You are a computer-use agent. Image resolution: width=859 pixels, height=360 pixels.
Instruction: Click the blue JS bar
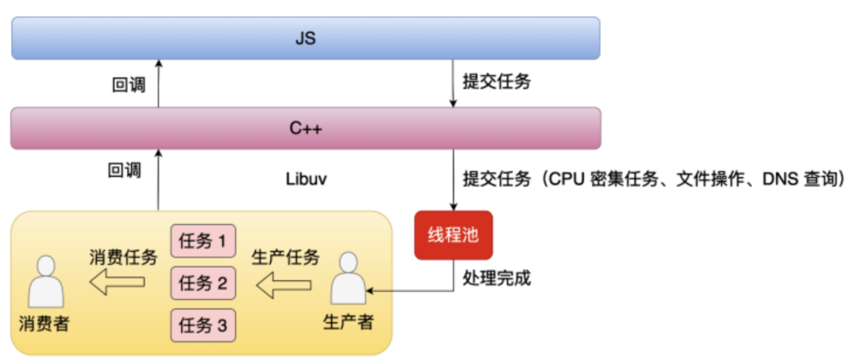click(x=305, y=38)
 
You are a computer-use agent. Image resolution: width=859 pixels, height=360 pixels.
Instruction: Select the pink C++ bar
click(x=305, y=128)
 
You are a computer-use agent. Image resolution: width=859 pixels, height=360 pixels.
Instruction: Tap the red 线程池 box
click(x=453, y=235)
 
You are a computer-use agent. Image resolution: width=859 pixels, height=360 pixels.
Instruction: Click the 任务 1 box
click(x=203, y=241)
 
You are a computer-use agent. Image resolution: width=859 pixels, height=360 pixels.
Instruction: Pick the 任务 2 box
click(x=203, y=284)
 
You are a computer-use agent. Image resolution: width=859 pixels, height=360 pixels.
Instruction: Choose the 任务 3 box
click(x=203, y=326)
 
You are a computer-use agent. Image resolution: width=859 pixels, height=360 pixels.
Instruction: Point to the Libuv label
click(x=307, y=180)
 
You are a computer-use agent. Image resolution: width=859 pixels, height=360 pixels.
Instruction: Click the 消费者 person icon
click(x=46, y=283)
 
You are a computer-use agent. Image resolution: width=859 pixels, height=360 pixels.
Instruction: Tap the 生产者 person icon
click(x=348, y=279)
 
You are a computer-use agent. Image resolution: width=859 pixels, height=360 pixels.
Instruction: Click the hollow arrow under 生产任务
click(x=284, y=284)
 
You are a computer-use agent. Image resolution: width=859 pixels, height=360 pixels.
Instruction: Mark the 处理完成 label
click(x=497, y=279)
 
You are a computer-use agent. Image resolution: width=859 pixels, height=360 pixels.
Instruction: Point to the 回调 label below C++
click(x=124, y=170)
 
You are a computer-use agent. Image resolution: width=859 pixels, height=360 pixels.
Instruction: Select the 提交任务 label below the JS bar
click(x=497, y=83)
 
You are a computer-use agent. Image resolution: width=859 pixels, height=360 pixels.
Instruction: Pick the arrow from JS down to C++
click(x=453, y=83)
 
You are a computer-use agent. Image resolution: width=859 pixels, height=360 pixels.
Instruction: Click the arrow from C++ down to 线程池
click(x=453, y=180)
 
